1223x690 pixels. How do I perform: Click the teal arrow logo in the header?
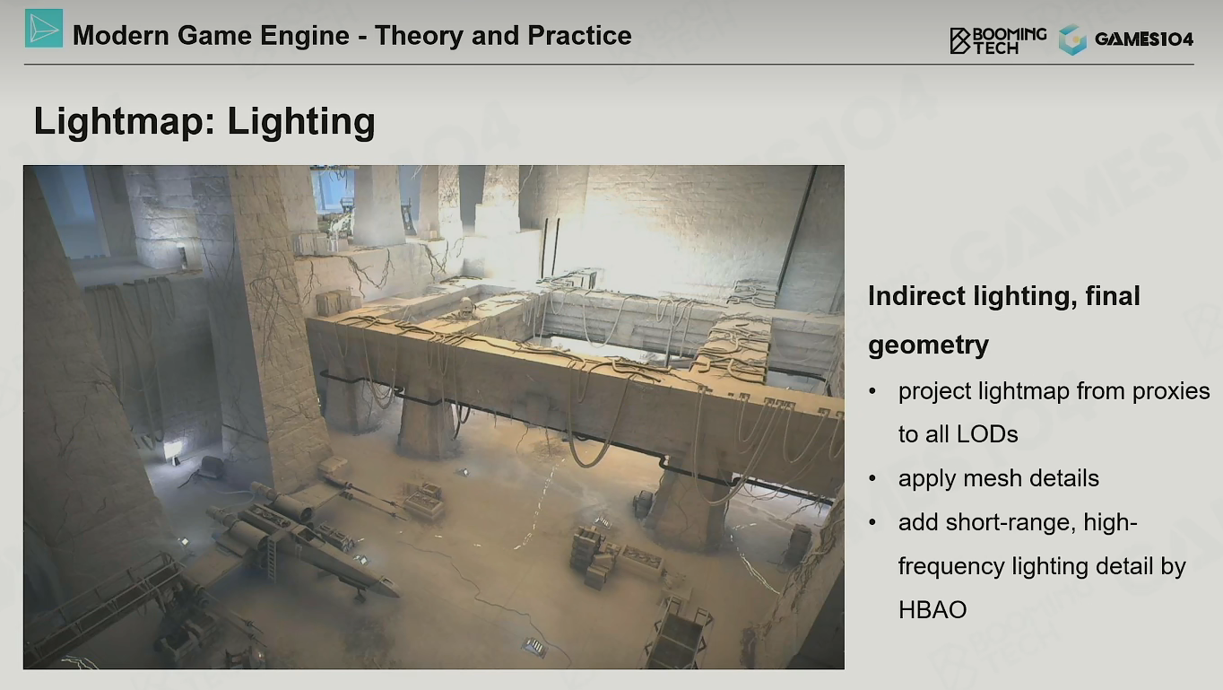tap(44, 28)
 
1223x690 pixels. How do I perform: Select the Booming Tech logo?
tap(998, 40)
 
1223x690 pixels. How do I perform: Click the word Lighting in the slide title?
tap(301, 122)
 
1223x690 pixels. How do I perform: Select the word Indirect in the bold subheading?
tap(917, 296)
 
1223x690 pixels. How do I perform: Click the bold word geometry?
tap(928, 345)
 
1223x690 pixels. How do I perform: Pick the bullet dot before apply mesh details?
tap(872, 478)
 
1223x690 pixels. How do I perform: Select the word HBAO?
tap(932, 609)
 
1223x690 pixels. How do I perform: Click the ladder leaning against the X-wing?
tap(271, 557)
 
